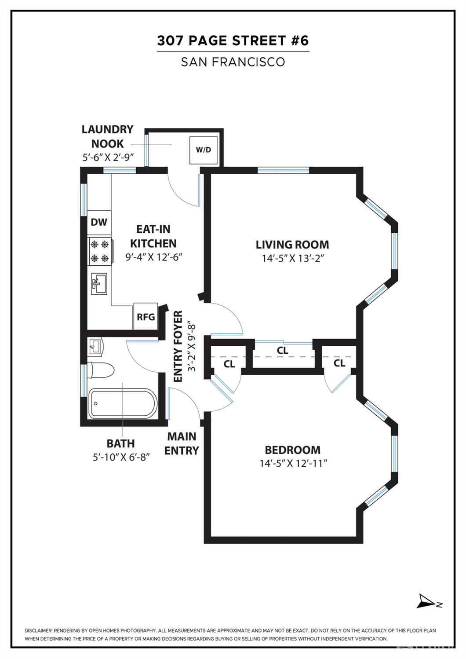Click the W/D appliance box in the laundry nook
[203, 150]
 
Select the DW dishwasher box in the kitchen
[99, 222]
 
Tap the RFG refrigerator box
[146, 316]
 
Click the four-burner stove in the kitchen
[100, 251]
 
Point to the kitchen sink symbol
[99, 284]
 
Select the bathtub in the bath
[122, 403]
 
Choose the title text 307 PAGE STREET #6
[233, 41]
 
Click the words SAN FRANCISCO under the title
[233, 62]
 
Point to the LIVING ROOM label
[292, 245]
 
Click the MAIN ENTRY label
[182, 443]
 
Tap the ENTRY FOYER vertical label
[178, 347]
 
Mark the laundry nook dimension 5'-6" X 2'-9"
[107, 157]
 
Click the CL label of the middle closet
[283, 351]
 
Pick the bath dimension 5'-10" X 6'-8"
[121, 457]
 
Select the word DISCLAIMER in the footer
[38, 630]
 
